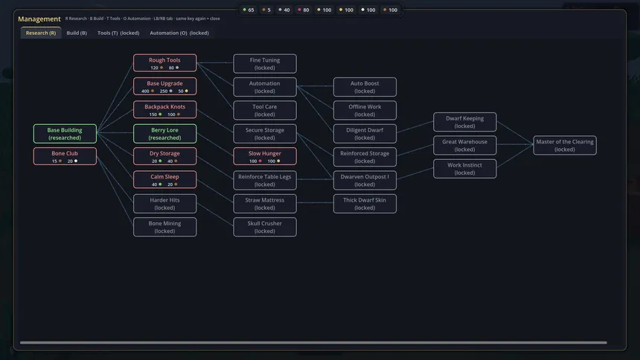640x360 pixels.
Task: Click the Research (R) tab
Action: (x=41, y=33)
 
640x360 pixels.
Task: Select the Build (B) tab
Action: (x=77, y=33)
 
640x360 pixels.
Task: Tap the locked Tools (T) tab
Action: (x=118, y=33)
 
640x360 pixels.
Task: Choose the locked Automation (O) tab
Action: (x=179, y=33)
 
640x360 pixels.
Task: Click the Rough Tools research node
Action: (x=165, y=63)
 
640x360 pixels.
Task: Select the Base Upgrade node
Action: (x=165, y=86)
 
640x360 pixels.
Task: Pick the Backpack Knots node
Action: (x=165, y=110)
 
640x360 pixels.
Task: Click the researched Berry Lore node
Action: (x=165, y=133)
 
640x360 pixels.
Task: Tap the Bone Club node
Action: (x=65, y=157)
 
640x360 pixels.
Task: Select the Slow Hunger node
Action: (x=265, y=157)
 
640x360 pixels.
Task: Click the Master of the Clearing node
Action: (x=565, y=145)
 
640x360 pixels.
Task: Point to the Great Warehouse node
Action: (x=465, y=145)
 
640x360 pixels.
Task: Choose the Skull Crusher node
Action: (x=265, y=227)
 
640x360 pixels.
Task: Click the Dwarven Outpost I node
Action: (x=365, y=181)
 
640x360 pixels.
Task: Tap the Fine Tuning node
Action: (x=265, y=64)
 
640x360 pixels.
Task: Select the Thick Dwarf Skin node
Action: (x=365, y=204)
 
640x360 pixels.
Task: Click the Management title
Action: (x=39, y=19)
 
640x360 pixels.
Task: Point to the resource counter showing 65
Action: (x=248, y=10)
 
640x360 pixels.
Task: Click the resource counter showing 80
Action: (x=304, y=10)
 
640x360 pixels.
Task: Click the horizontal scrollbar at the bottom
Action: (x=313, y=342)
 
